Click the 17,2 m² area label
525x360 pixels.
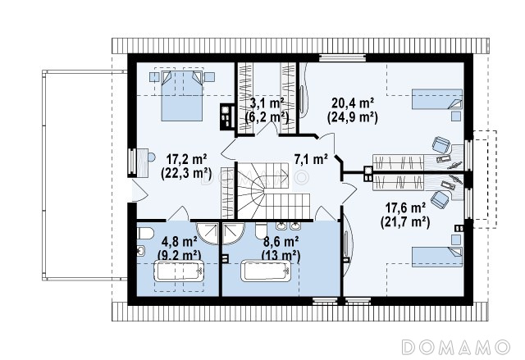point(186,160)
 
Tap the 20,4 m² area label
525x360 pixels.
point(353,103)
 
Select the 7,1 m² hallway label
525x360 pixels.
point(311,159)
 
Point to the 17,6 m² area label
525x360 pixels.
point(405,208)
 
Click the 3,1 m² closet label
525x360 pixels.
point(267,103)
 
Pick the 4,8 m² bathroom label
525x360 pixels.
point(179,241)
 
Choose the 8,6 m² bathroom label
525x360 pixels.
point(281,241)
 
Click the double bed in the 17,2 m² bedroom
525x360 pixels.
point(182,95)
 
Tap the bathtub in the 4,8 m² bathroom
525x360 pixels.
point(179,271)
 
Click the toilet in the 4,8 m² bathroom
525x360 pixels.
point(145,233)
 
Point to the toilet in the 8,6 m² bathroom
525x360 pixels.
point(261,230)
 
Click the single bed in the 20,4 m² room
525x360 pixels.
point(436,99)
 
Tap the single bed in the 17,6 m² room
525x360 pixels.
point(436,257)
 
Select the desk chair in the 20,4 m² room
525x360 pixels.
point(441,145)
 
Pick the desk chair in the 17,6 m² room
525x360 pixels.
point(440,199)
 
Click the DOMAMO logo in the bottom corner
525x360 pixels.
point(456,347)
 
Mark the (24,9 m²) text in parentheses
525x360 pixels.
point(352,117)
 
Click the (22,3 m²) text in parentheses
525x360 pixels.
point(186,174)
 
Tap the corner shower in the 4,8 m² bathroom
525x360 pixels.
point(208,233)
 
